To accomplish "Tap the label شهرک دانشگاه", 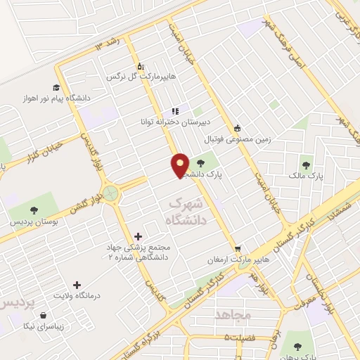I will [186, 212].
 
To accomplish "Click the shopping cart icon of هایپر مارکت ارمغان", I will [238, 249].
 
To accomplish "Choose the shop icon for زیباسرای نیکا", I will [45, 316].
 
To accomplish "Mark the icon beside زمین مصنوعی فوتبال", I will [238, 128].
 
